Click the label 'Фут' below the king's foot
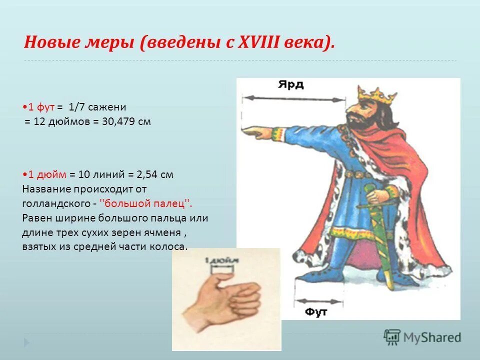[x=316, y=312]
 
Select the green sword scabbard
[x=380, y=240]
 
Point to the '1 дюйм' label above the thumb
[x=221, y=260]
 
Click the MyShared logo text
[x=432, y=337]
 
